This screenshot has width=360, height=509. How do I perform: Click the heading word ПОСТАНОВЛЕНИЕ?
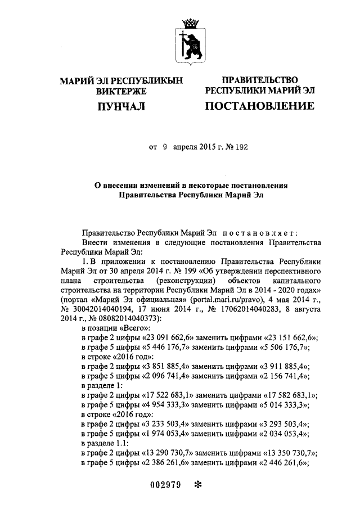(259, 106)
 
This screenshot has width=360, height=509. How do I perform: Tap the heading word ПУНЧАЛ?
(121, 106)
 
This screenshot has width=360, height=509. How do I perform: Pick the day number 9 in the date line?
(165, 148)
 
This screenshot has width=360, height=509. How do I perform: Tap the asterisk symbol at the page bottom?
(197, 485)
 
